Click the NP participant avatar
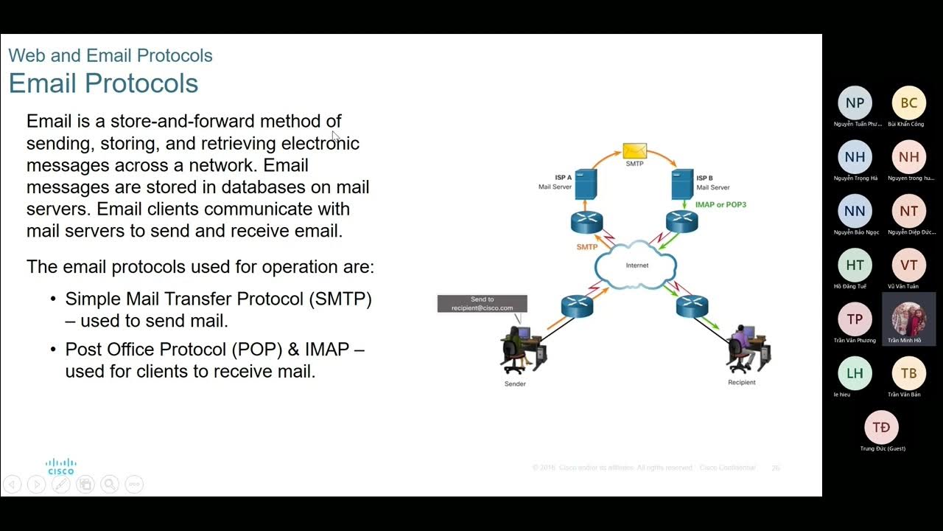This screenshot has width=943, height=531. pos(855,103)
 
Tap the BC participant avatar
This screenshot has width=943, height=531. pos(909,103)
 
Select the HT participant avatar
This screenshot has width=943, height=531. pos(855,265)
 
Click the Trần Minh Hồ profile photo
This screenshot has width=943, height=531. pos(909,319)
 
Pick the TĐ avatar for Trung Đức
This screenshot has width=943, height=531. pos(881,428)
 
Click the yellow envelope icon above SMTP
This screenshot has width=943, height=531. pos(634,150)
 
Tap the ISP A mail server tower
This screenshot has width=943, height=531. pos(586,184)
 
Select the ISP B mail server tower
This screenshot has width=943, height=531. pos(682,184)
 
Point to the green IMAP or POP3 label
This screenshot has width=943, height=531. pos(721,204)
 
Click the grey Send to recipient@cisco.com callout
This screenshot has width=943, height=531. pos(482,304)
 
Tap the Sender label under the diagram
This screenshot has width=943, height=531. pos(515,384)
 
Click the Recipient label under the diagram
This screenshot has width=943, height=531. pos(741,383)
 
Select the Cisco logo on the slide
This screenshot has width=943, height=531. pos(60,466)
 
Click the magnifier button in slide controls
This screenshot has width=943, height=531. pos(110,485)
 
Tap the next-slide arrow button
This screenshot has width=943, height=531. pos(36,485)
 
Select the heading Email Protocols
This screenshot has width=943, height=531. pos(103,83)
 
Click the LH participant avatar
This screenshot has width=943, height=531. pos(855,373)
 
